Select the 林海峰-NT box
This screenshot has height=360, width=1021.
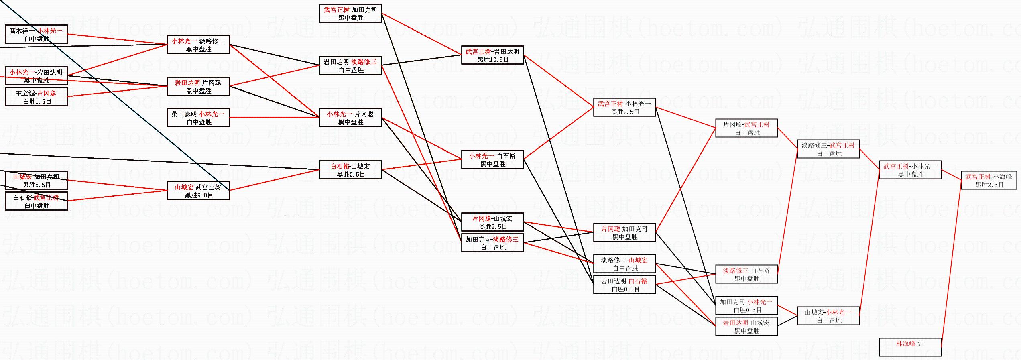(910, 347)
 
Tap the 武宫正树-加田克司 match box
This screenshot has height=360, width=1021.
(350, 14)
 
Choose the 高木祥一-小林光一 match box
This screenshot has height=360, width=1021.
(36, 35)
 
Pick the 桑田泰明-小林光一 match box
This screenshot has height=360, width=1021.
(198, 118)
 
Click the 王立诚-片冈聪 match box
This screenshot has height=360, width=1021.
(36, 97)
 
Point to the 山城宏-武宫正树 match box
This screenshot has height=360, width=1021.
(198, 191)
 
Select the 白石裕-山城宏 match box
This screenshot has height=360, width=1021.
(350, 170)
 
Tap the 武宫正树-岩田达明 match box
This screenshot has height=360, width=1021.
(492, 55)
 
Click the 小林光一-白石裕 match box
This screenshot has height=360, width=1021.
(492, 160)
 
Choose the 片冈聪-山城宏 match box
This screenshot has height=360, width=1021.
(492, 222)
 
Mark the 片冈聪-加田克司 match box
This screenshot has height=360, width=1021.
(624, 233)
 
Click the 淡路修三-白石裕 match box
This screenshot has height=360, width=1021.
(746, 275)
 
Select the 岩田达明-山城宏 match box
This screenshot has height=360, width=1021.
(746, 327)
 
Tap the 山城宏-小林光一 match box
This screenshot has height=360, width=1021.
(828, 316)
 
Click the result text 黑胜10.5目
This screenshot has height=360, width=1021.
(493, 60)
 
